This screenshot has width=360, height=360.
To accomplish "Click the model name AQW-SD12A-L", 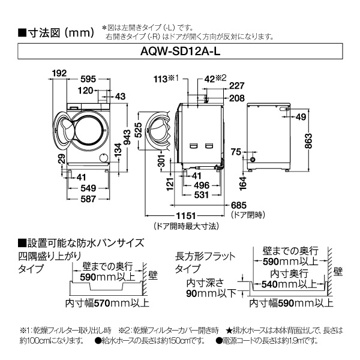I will point(179,52).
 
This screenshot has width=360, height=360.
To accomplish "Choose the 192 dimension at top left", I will point(58,73).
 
